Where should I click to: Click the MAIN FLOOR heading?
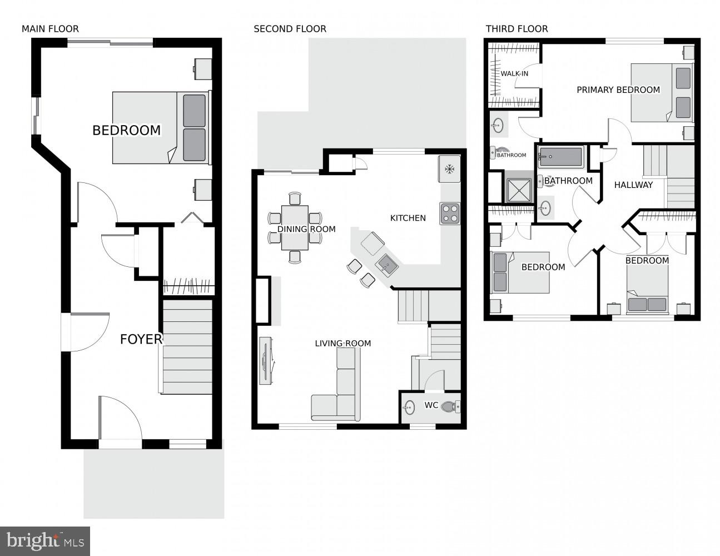pyautogui.click(x=50, y=29)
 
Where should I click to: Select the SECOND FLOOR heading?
pyautogui.click(x=290, y=29)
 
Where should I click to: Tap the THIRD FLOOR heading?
pyautogui.click(x=517, y=29)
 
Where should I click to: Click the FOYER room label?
pyautogui.click(x=141, y=339)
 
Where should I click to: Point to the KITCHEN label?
pyautogui.click(x=408, y=218)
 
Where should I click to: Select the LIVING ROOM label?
pyautogui.click(x=342, y=343)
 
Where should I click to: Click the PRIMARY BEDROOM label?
pyautogui.click(x=618, y=90)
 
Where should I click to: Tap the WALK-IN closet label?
pyautogui.click(x=514, y=73)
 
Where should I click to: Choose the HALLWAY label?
pyautogui.click(x=633, y=185)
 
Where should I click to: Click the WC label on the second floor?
pyautogui.click(x=431, y=405)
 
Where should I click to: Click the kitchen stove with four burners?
pyautogui.click(x=450, y=214)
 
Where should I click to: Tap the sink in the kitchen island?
pyautogui.click(x=388, y=264)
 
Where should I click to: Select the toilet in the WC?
pyautogui.click(x=450, y=408)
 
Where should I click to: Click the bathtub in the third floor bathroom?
pyautogui.click(x=560, y=157)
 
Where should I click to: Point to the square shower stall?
pyautogui.click(x=519, y=190)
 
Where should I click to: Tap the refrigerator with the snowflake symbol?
pyautogui.click(x=450, y=169)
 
